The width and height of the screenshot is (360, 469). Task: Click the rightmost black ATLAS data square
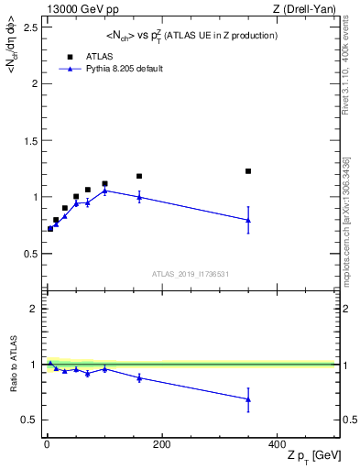point(248,171)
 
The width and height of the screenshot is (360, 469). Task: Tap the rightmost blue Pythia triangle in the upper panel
point(248,220)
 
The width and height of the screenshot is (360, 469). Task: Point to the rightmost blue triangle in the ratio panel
point(248,399)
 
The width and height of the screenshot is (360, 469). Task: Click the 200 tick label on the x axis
point(161,444)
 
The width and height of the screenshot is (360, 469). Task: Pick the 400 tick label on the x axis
point(277,444)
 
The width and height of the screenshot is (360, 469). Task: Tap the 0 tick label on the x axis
point(47,444)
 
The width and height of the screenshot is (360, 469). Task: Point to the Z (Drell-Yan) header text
point(309,7)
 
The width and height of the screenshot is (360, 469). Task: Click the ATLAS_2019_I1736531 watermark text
point(191,274)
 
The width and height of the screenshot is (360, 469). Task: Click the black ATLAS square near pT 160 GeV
point(139,176)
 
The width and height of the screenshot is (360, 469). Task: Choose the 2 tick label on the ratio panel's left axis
point(33,309)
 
